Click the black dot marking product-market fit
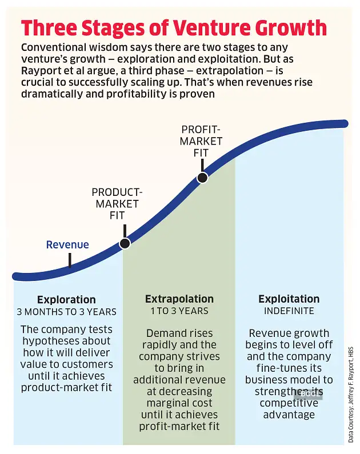click(x=125, y=243)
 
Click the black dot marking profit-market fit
click(x=202, y=178)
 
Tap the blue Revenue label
click(x=67, y=245)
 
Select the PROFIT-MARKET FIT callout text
click(x=202, y=141)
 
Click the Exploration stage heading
click(x=66, y=300)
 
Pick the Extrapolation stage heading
click(x=179, y=299)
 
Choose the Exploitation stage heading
click(x=289, y=299)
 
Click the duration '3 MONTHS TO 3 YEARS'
click(x=66, y=312)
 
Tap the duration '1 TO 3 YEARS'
click(x=179, y=311)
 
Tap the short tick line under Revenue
click(x=70, y=260)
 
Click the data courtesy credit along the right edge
click(x=351, y=393)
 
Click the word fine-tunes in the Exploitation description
click(x=270, y=368)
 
